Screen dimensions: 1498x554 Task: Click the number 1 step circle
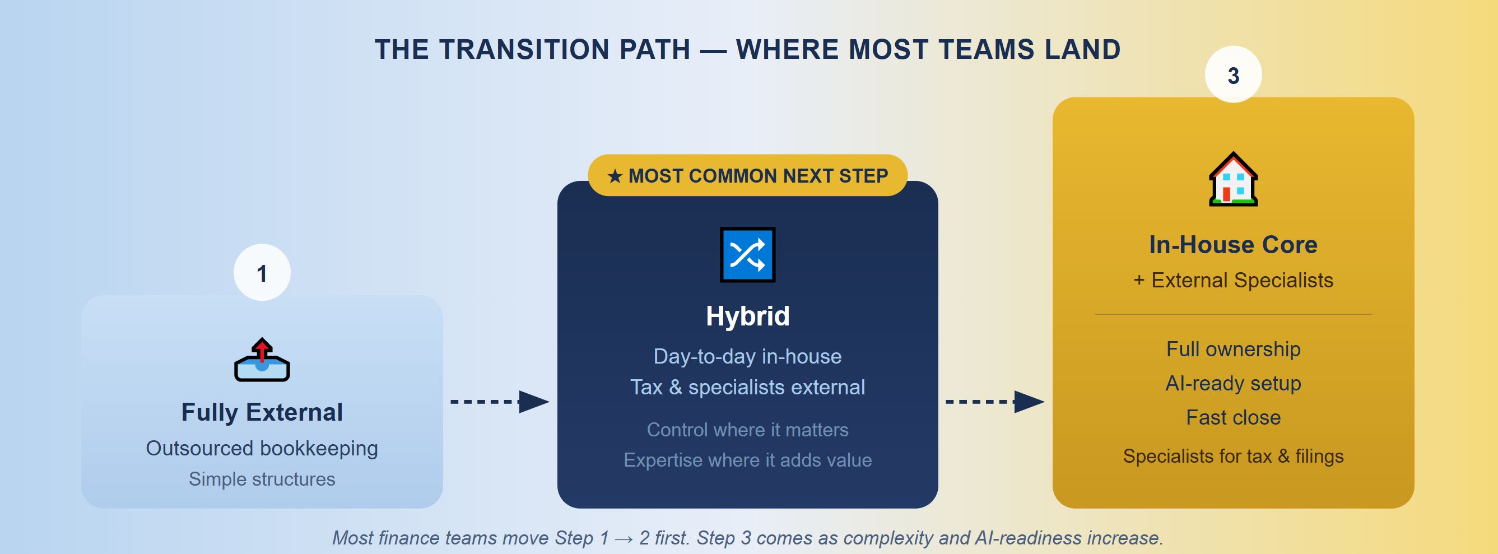pyautogui.click(x=262, y=272)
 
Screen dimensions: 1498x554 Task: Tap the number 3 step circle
pyautogui.click(x=1233, y=75)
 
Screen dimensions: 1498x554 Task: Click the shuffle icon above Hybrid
pyautogui.click(x=747, y=255)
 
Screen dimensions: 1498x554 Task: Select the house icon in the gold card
pyautogui.click(x=1233, y=179)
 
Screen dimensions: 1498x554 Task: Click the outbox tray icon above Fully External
pyautogui.click(x=262, y=360)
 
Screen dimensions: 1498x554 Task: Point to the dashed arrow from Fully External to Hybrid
pyautogui.click(x=500, y=401)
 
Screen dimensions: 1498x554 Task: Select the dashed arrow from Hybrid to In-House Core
pyautogui.click(x=995, y=401)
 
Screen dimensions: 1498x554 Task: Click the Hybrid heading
pyautogui.click(x=747, y=316)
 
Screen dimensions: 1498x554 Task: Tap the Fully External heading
pyautogui.click(x=262, y=412)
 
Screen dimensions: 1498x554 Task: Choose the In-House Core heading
pyautogui.click(x=1233, y=245)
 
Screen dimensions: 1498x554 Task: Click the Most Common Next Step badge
pyautogui.click(x=747, y=175)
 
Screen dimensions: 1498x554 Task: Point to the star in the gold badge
pyautogui.click(x=615, y=175)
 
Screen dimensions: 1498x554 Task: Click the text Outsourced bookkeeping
pyautogui.click(x=262, y=448)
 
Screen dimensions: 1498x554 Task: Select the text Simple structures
pyautogui.click(x=262, y=479)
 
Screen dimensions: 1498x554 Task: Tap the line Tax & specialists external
pyautogui.click(x=747, y=387)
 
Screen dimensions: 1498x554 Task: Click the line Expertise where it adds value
pyautogui.click(x=747, y=460)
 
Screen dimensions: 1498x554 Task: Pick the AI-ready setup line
pyautogui.click(x=1233, y=383)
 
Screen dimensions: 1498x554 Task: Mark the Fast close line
pyautogui.click(x=1233, y=417)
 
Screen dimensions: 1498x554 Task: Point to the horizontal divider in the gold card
pyautogui.click(x=1233, y=314)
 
